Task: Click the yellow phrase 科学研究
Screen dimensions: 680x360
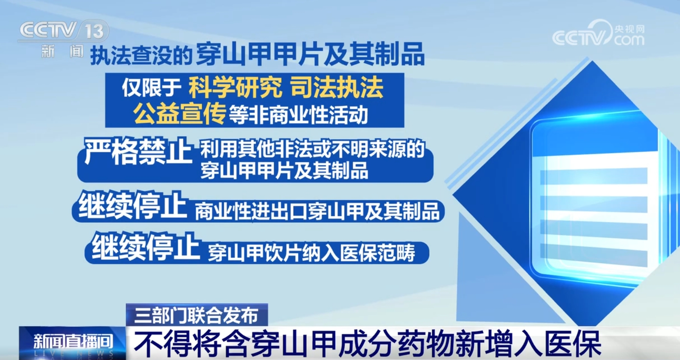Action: coord(235,88)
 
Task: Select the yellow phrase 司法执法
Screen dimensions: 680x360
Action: coord(337,88)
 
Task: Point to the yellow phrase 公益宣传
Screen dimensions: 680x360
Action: coord(180,114)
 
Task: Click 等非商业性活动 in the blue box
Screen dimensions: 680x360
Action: coord(298,115)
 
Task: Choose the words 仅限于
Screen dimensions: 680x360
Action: coord(152,88)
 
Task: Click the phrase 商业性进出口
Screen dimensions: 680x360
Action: coord(251,212)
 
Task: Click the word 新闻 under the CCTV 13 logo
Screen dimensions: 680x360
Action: coord(62,51)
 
